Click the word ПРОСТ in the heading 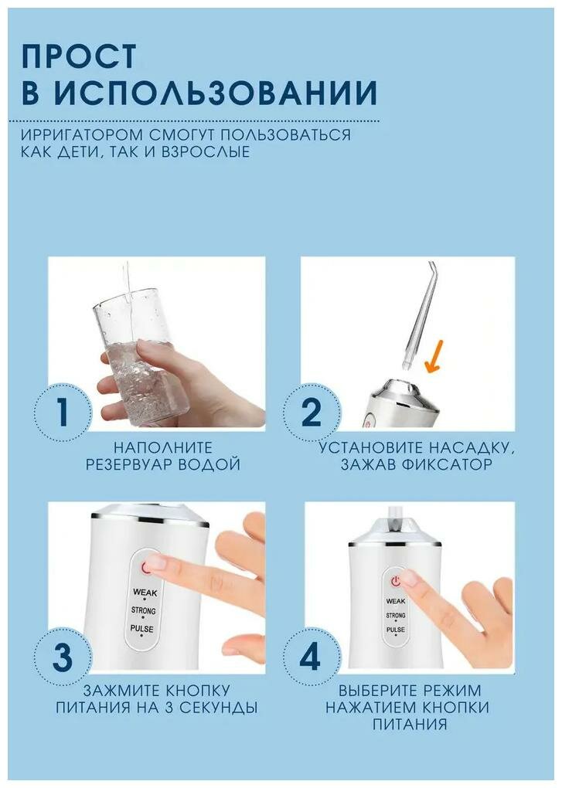[79, 56]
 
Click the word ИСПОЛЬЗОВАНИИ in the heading [215, 92]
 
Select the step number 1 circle [63, 412]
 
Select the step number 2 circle [312, 412]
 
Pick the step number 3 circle [63, 657]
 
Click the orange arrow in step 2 [434, 356]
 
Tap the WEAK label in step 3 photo [145, 593]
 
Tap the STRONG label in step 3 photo [144, 610]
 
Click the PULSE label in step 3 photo [142, 629]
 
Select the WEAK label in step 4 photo [396, 601]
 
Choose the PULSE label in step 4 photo [396, 630]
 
